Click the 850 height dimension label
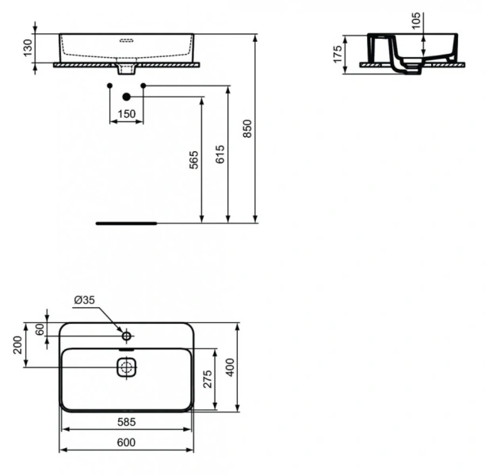[x=246, y=128]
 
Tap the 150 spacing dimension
[x=126, y=114]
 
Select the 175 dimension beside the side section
[x=338, y=54]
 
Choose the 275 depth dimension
[x=207, y=379]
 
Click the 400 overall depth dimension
[x=232, y=367]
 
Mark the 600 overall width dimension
[x=126, y=443]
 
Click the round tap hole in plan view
[x=126, y=336]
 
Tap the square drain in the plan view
[x=127, y=367]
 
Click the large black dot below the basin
[x=126, y=97]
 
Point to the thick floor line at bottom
[x=126, y=223]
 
